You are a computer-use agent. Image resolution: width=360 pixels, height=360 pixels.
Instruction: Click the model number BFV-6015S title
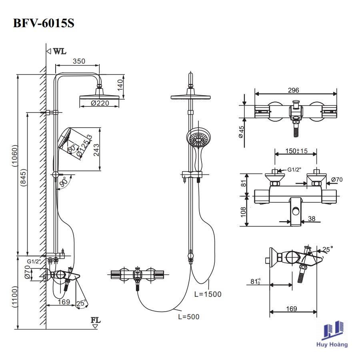[44, 23]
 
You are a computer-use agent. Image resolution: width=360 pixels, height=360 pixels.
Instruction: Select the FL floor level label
[96, 320]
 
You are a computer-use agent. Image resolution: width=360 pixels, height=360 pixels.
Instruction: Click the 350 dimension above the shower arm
[79, 61]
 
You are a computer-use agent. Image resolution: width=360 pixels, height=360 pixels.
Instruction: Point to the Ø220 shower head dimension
[100, 104]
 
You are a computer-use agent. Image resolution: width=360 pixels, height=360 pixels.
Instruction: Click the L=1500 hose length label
[208, 294]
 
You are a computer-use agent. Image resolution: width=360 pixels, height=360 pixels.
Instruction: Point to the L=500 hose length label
[188, 317]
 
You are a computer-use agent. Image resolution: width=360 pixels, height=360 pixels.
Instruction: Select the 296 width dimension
[296, 90]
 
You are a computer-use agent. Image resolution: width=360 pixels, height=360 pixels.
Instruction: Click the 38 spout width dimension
[312, 219]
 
